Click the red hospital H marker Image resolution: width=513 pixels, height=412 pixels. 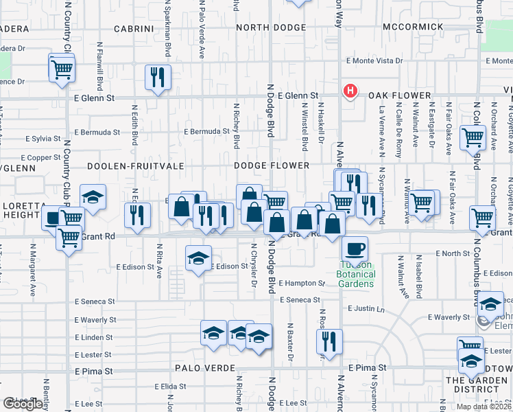pos(350,91)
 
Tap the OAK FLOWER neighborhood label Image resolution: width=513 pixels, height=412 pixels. pos(399,96)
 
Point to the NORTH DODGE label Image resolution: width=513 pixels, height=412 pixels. pos(272,27)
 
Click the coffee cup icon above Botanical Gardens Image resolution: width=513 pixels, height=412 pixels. pos(355,248)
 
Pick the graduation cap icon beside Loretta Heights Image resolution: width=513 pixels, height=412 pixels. pos(93,197)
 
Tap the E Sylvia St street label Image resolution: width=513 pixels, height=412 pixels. pos(43,139)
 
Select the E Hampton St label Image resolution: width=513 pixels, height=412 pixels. pos(302,283)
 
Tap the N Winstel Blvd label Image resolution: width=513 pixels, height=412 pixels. pos(305,127)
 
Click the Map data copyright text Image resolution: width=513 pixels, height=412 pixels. pos(484,407)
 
